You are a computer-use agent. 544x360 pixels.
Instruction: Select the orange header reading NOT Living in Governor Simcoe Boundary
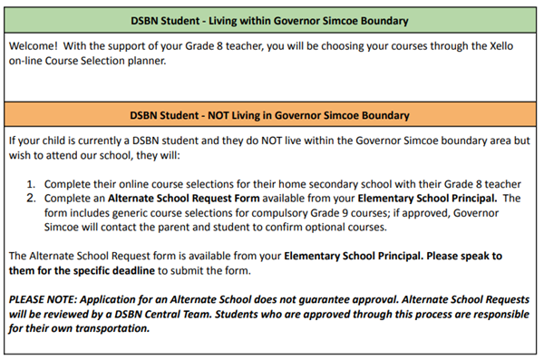coord(272,115)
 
